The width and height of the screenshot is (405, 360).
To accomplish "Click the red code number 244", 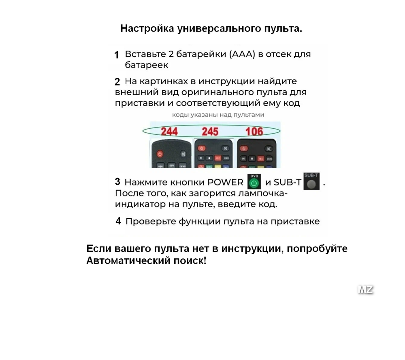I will coord(169,132).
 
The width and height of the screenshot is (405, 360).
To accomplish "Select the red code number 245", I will coord(210,132).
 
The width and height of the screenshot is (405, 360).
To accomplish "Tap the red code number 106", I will coord(254,132).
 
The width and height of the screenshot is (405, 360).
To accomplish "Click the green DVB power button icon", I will coord(254,183).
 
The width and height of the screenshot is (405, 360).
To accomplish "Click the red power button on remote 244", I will coord(160,154).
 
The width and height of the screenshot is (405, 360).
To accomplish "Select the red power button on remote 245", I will coord(202,148).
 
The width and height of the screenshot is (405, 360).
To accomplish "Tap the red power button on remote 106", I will coord(244,149).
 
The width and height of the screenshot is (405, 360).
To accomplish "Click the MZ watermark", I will coord(365,290).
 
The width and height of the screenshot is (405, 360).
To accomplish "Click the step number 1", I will coord(117,55).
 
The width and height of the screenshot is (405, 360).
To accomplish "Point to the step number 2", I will coord(117,81).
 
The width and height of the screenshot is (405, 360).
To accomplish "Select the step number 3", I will coord(117,181).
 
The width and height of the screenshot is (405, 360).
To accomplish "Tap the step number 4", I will coord(118,221).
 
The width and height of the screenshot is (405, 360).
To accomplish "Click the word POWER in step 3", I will coord(225,182).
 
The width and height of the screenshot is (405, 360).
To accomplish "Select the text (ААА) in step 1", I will coord(242,54).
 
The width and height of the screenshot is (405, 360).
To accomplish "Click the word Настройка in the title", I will coord(147,29).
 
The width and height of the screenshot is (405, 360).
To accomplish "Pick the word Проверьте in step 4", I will coord(151,222).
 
